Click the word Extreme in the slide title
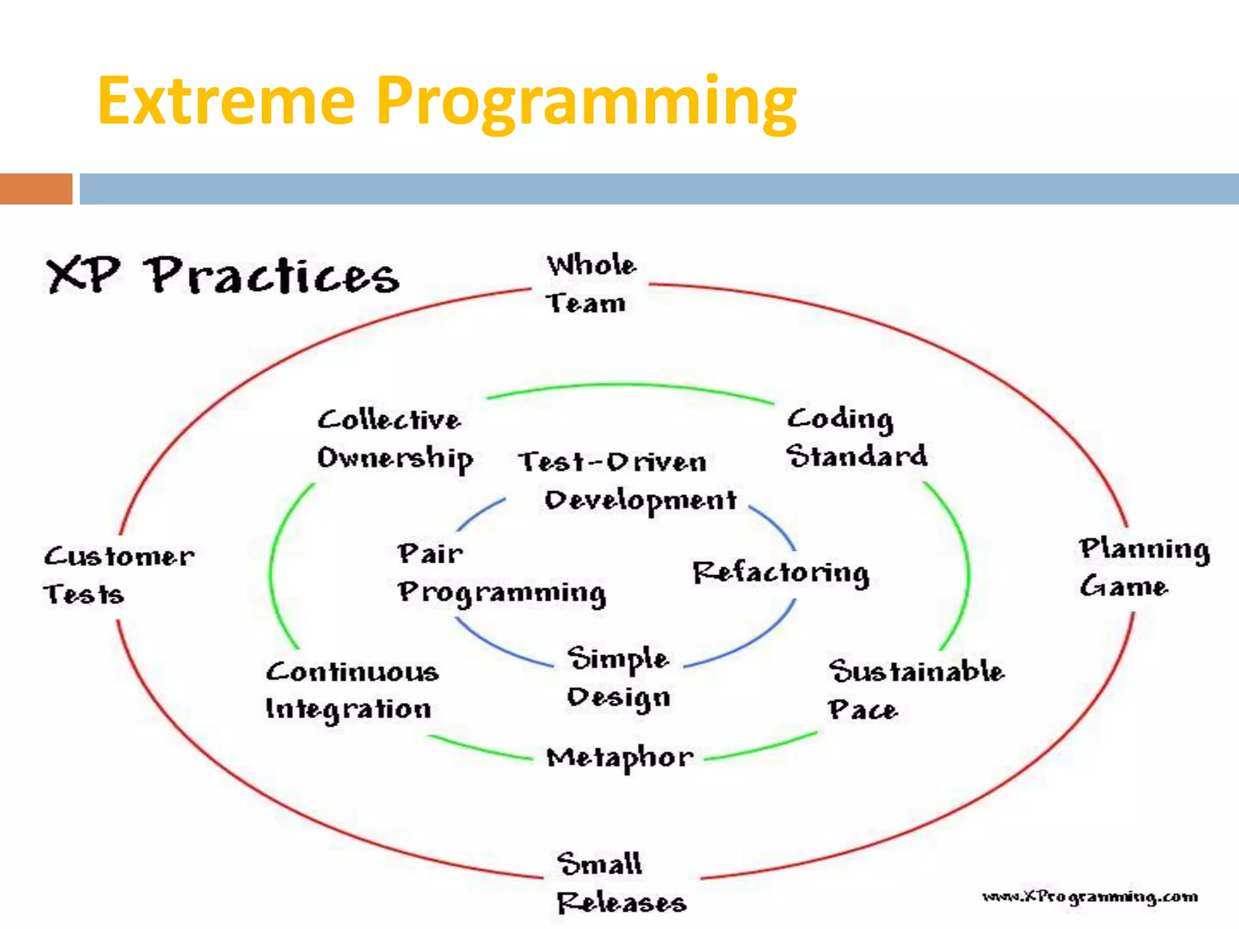[x=225, y=102]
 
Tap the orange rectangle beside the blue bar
[x=36, y=189]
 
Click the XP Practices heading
[x=223, y=276]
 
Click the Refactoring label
[x=780, y=573]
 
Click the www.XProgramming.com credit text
[x=1090, y=896]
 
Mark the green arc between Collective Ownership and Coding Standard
[x=629, y=385]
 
